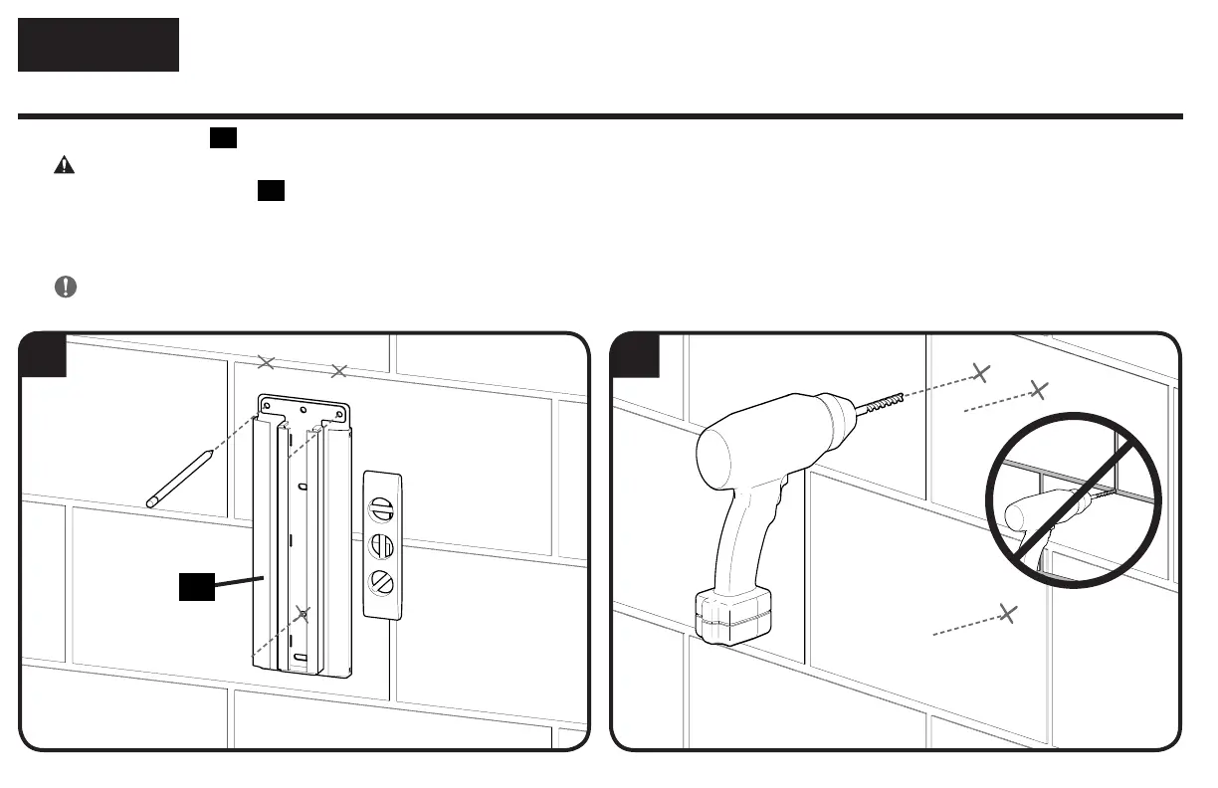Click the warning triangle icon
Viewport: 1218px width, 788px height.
click(64, 166)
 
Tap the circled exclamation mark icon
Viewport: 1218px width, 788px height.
click(65, 287)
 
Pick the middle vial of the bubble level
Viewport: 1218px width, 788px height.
click(382, 546)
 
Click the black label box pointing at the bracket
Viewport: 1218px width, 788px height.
click(197, 587)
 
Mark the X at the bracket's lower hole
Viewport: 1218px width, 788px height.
click(304, 614)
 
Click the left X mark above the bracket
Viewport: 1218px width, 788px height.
click(265, 362)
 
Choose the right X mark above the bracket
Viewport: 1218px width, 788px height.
click(338, 371)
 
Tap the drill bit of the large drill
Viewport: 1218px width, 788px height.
click(882, 403)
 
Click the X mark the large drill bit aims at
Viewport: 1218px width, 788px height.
click(981, 373)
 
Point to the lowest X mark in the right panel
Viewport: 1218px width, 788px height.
click(1008, 613)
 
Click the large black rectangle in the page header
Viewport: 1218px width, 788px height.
click(99, 45)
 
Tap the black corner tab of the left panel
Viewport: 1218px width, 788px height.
click(44, 355)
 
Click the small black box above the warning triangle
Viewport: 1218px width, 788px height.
click(223, 139)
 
